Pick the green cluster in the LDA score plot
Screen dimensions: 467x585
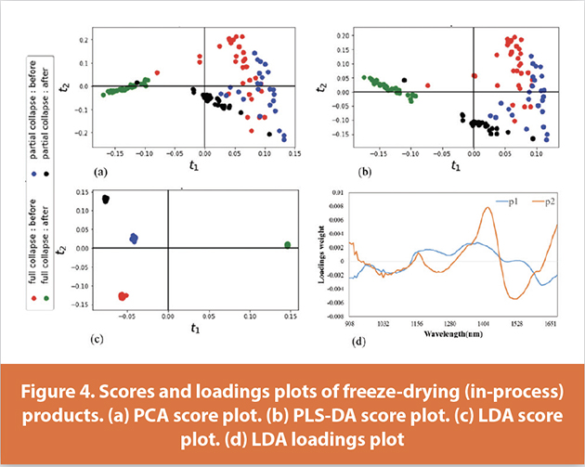[287, 245]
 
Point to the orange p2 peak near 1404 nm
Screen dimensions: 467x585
[488, 209]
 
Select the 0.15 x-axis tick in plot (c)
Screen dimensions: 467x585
[289, 316]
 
